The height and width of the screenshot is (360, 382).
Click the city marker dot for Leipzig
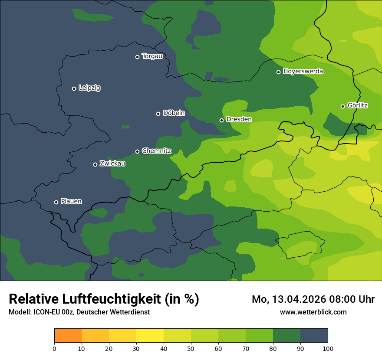74,88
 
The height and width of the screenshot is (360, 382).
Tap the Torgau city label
152,56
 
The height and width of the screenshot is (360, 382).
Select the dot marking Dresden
222,120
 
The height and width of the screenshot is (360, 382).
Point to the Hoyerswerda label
303,71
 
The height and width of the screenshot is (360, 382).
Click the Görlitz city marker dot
342,106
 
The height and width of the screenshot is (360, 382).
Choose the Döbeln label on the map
174,113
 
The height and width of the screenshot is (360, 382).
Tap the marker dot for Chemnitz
138,151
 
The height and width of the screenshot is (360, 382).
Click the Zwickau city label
112,164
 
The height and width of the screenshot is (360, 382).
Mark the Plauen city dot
56,202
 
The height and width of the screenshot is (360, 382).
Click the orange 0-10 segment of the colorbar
68,336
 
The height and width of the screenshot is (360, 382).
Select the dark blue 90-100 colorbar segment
314,336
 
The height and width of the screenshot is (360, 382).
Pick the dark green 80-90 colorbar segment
286,336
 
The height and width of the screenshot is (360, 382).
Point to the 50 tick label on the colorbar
191,348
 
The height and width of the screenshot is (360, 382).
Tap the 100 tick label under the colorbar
328,348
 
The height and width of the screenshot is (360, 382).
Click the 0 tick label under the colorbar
54,348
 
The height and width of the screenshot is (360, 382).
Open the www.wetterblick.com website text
313,312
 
